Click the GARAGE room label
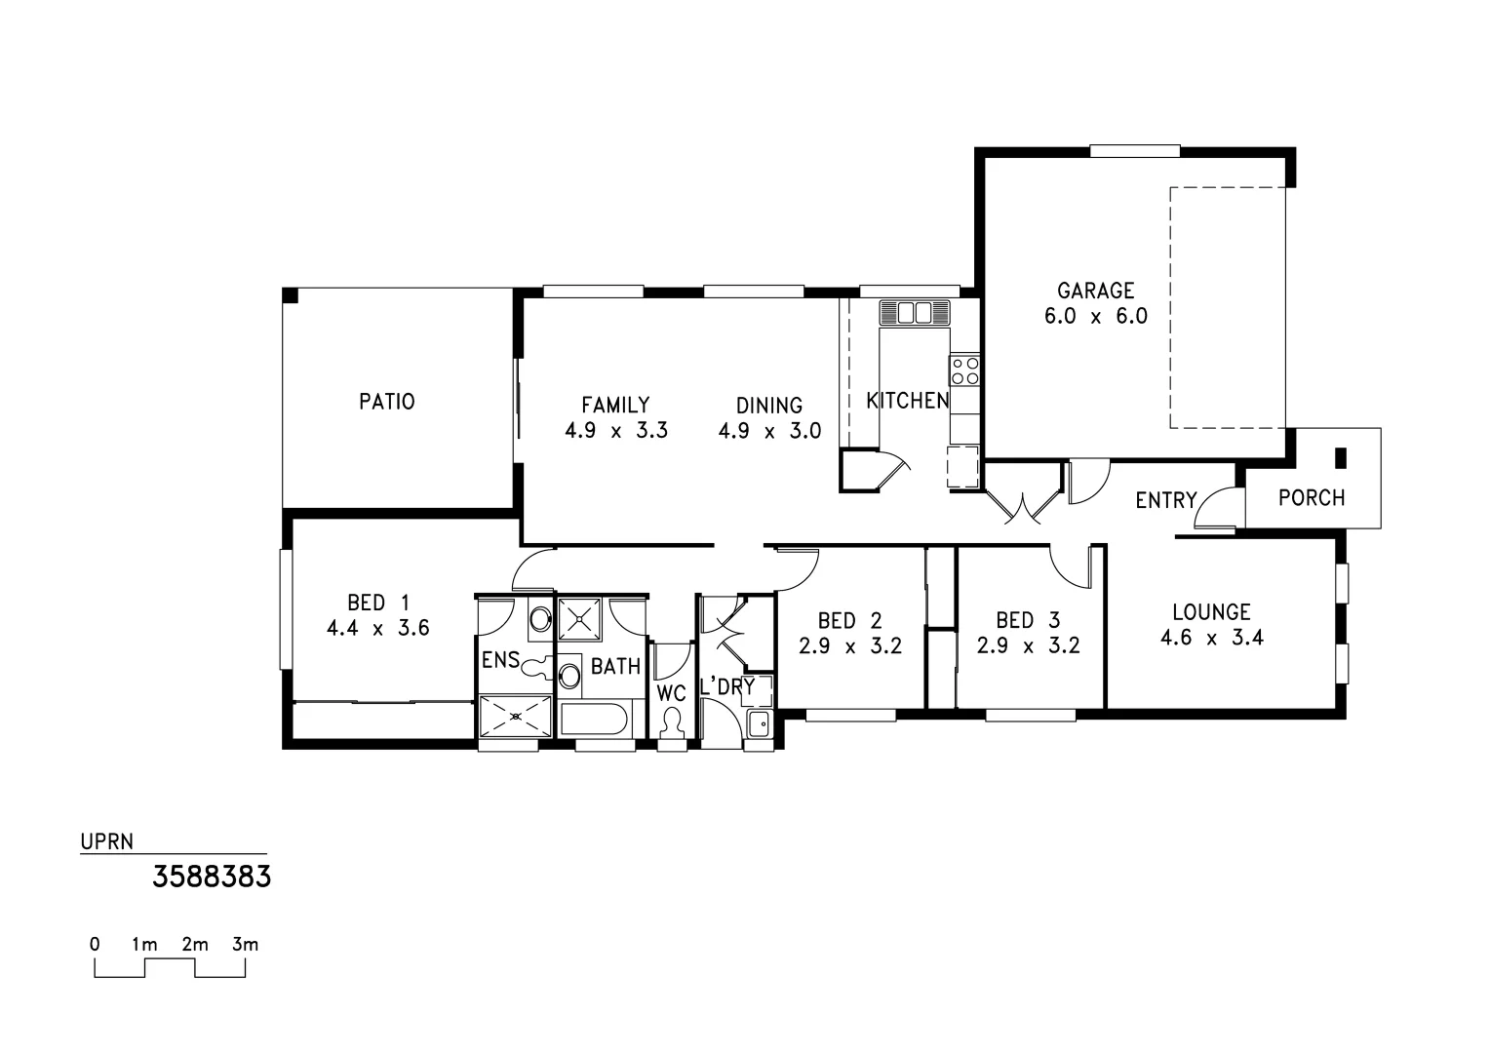point(1096,291)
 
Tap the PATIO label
point(387,402)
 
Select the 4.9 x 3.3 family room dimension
point(616,431)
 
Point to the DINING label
point(769,406)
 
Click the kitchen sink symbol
point(914,313)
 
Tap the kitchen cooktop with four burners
point(964,370)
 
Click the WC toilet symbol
point(671,721)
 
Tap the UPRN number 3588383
point(212,877)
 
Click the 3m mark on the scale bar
point(245,945)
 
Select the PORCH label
point(1311,498)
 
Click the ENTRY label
point(1165,500)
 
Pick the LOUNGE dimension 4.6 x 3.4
point(1211,639)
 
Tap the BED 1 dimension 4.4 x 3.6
point(377,629)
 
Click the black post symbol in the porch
point(1340,456)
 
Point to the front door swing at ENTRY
point(1215,509)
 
